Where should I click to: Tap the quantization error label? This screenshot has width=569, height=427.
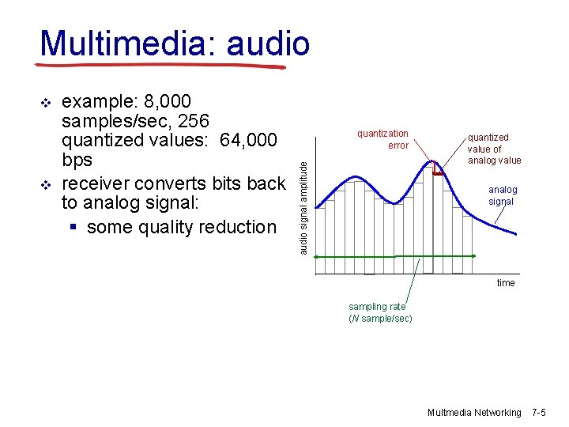[382, 139]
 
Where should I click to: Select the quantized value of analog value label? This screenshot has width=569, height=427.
[493, 149]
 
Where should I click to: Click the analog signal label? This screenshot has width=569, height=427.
[502, 195]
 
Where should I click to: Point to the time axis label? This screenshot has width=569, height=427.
[506, 283]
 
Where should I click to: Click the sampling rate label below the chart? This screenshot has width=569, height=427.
[379, 312]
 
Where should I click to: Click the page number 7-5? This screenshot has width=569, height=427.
[539, 413]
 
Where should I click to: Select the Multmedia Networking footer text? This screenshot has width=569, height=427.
[474, 413]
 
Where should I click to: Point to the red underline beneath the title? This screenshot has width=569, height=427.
[162, 64]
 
